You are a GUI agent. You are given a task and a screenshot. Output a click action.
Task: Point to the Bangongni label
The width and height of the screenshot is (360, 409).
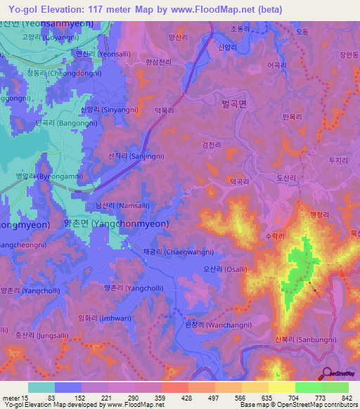59,123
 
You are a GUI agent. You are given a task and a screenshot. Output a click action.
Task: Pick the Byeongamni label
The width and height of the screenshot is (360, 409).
47,176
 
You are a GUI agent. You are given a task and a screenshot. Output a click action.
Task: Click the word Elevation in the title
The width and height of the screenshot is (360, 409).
63,9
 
